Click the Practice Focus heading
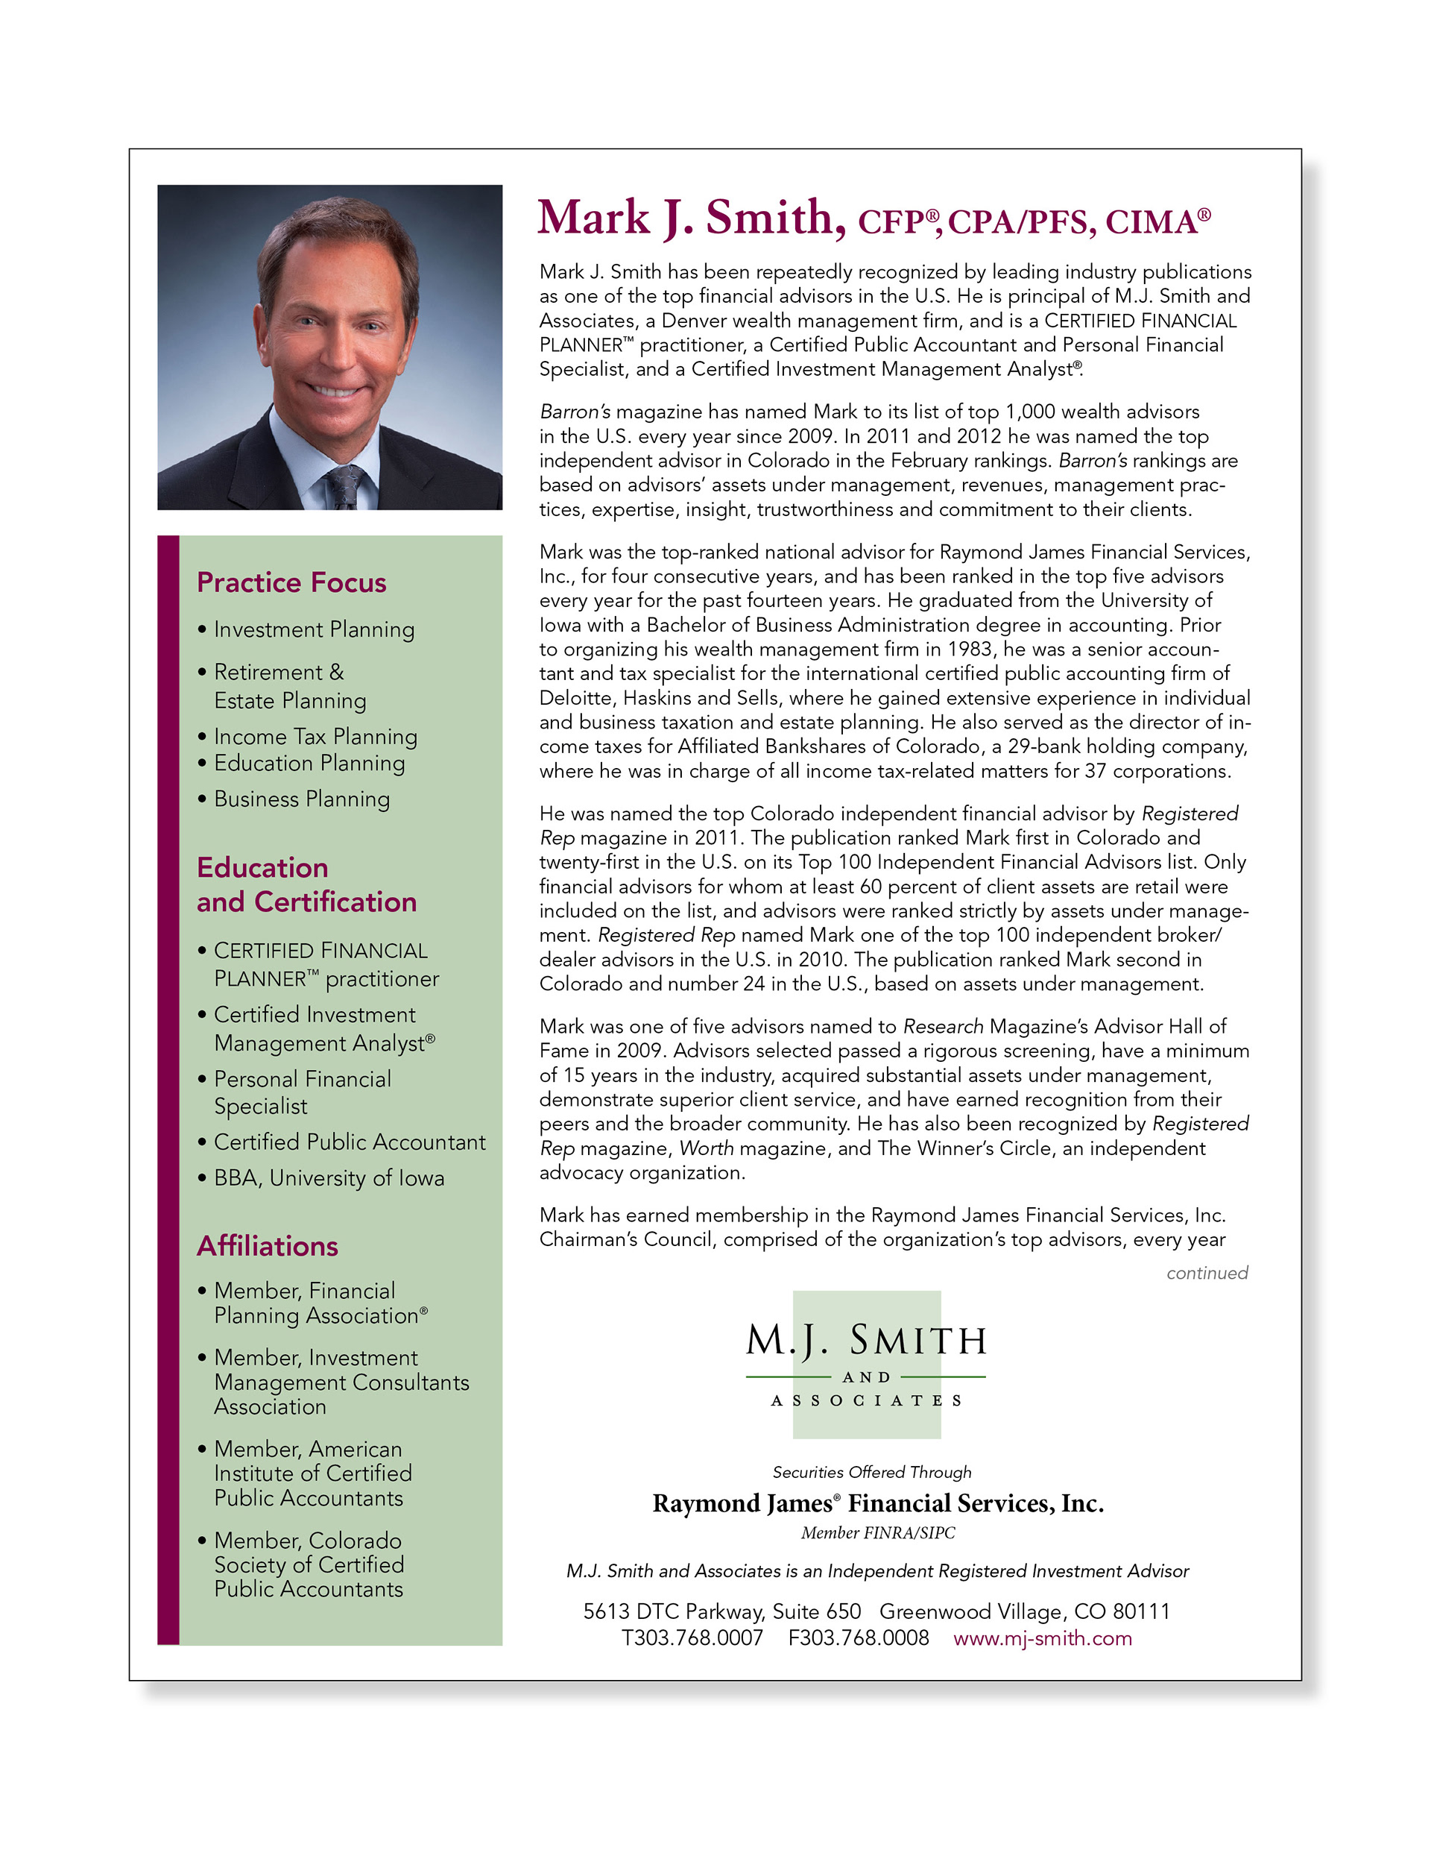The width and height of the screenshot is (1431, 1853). tap(291, 583)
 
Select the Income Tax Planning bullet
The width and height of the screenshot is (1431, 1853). tap(315, 737)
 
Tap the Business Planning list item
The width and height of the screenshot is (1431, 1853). tap(301, 799)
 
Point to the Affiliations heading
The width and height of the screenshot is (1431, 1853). tap(268, 1245)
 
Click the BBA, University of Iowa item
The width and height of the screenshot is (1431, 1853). tap(328, 1177)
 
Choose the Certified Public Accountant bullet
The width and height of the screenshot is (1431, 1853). tap(349, 1142)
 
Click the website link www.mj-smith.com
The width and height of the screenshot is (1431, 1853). tap(1042, 1638)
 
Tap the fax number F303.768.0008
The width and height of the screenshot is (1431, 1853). tap(859, 1638)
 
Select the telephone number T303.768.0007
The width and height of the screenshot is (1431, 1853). tap(692, 1638)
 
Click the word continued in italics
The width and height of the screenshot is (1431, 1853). tap(1206, 1273)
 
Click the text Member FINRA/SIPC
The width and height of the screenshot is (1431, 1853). tap(877, 1532)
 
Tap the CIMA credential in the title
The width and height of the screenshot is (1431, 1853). tap(1157, 222)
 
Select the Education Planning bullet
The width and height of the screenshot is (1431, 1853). tap(309, 764)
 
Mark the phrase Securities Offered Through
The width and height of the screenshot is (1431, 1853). tap(871, 1472)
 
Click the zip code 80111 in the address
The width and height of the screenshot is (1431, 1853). tap(1142, 1611)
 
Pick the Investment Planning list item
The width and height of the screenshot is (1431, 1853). tap(314, 629)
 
